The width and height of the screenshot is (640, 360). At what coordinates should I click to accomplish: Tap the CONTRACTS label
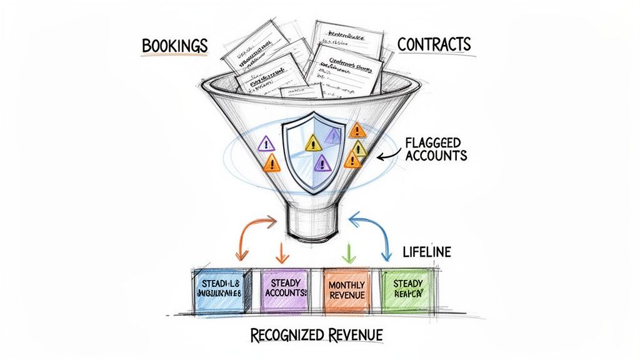click(x=434, y=46)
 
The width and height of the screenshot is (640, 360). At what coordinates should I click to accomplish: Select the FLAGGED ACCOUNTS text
click(x=436, y=147)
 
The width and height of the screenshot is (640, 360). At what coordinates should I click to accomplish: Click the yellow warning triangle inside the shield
click(x=312, y=143)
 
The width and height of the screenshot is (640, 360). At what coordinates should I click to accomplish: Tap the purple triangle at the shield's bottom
click(x=322, y=164)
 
